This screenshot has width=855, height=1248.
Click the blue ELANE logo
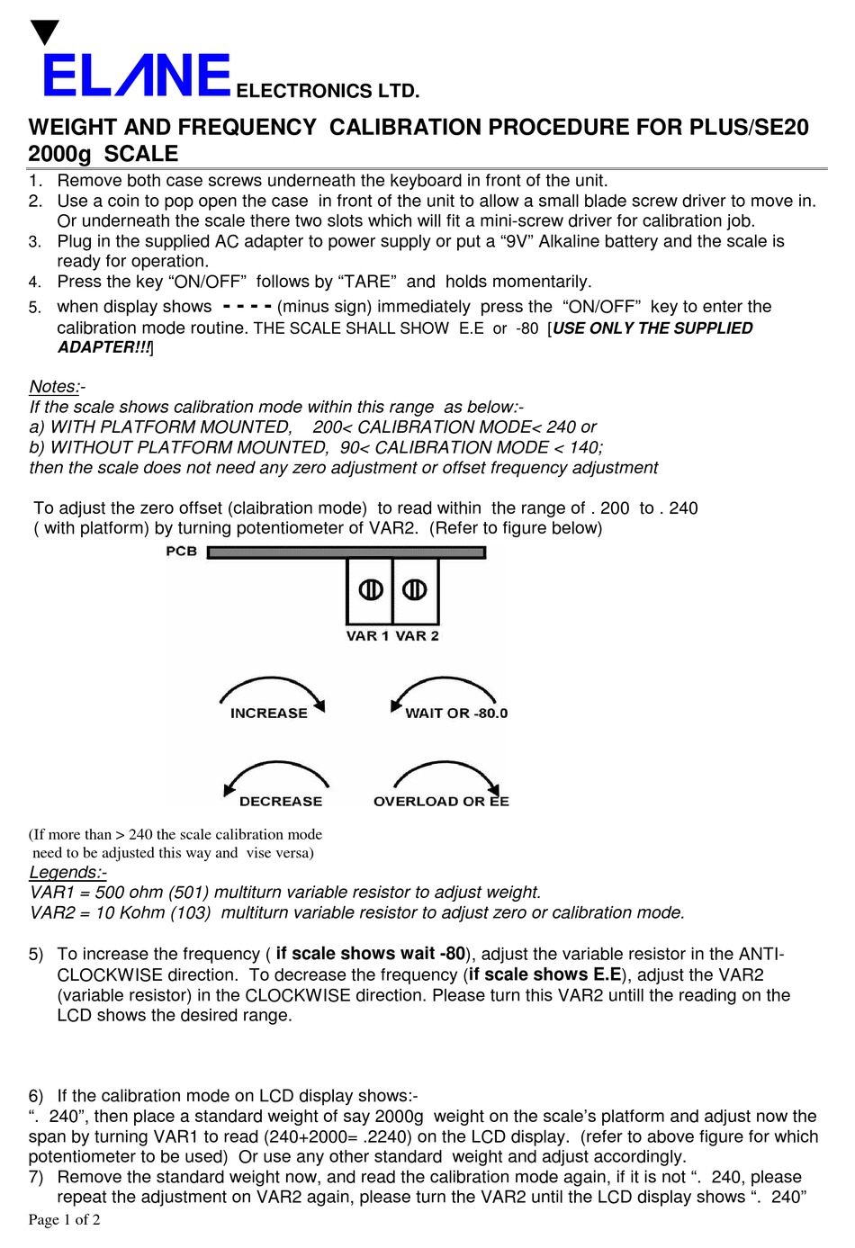pos(137,76)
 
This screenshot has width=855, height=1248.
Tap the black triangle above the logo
pos(44,33)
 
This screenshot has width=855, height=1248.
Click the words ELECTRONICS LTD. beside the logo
pos(327,91)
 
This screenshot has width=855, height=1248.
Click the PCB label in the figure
pos(181,552)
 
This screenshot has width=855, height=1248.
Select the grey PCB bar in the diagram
pos(346,552)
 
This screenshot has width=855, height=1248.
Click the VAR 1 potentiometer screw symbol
pos(371,589)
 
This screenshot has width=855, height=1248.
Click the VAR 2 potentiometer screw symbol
pos(414,589)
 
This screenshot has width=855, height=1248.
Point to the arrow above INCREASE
pos(272,689)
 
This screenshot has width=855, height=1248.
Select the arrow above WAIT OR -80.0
pos(443,689)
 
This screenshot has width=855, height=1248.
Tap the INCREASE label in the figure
pos(268,714)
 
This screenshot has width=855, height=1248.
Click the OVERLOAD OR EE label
pos(441,802)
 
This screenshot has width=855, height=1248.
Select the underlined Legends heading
pos(66,873)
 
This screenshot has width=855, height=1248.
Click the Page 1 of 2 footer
pos(64,1220)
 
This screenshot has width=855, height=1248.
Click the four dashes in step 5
pos(247,305)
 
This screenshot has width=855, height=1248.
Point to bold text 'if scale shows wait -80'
pos(370,954)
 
